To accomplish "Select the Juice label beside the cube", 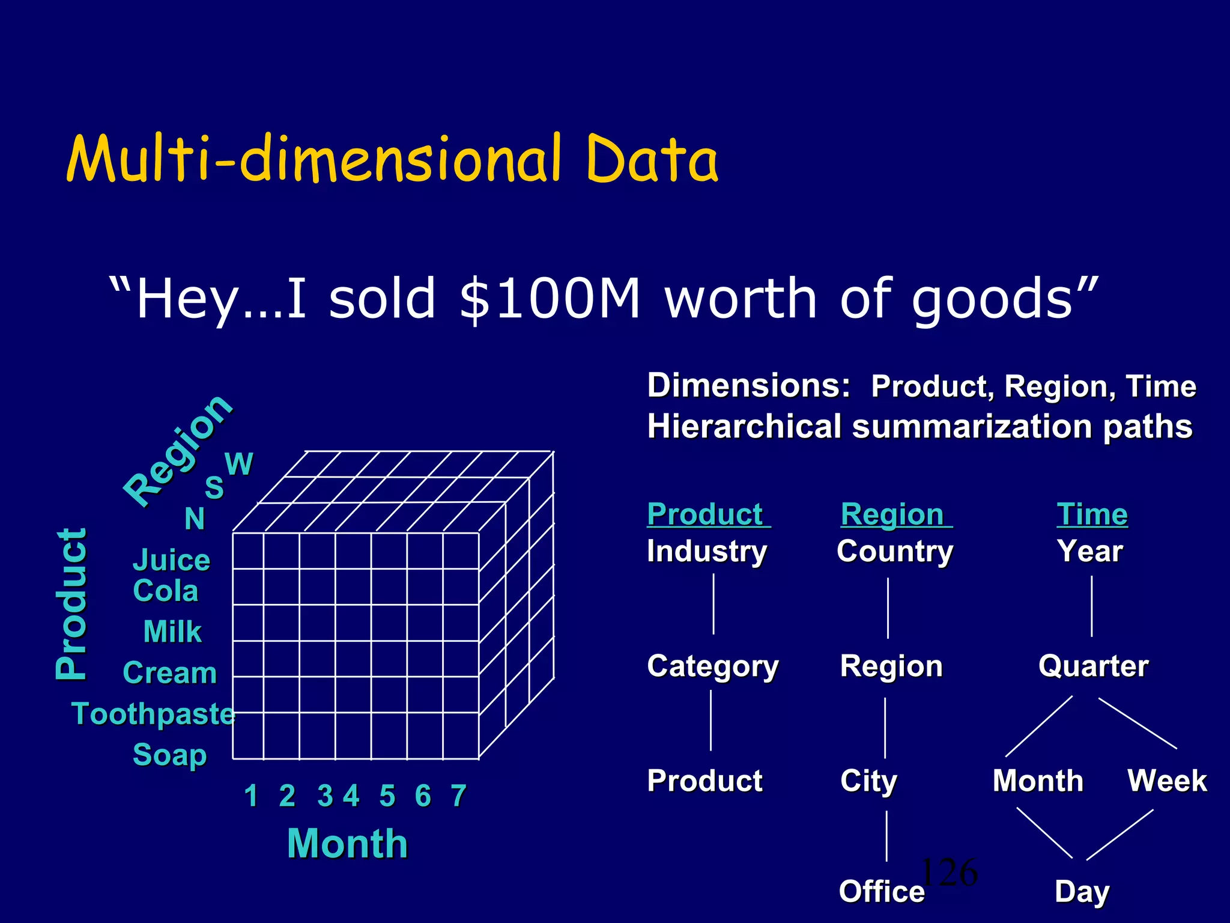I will pyautogui.click(x=171, y=560).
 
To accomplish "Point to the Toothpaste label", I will pyautogui.click(x=153, y=714).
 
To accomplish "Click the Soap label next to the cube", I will pyautogui.click(x=169, y=755).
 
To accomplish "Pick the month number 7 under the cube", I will pyautogui.click(x=459, y=796).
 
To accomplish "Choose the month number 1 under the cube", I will pyautogui.click(x=251, y=796).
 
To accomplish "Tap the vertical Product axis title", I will pyautogui.click(x=71, y=604).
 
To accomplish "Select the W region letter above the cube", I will pyautogui.click(x=238, y=464).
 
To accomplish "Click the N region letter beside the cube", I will pyautogui.click(x=195, y=519).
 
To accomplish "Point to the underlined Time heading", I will pyautogui.click(x=1092, y=514).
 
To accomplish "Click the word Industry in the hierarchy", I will pyautogui.click(x=707, y=551).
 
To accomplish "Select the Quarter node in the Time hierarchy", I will pyautogui.click(x=1093, y=666).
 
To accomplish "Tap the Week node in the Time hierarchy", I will pyautogui.click(x=1167, y=781).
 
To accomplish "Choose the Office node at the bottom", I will pyautogui.click(x=881, y=891).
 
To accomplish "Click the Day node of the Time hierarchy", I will pyautogui.click(x=1082, y=891).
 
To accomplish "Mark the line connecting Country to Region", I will pyautogui.click(x=888, y=608).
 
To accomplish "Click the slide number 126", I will pyautogui.click(x=950, y=872).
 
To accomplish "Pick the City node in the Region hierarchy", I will pyautogui.click(x=868, y=781).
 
